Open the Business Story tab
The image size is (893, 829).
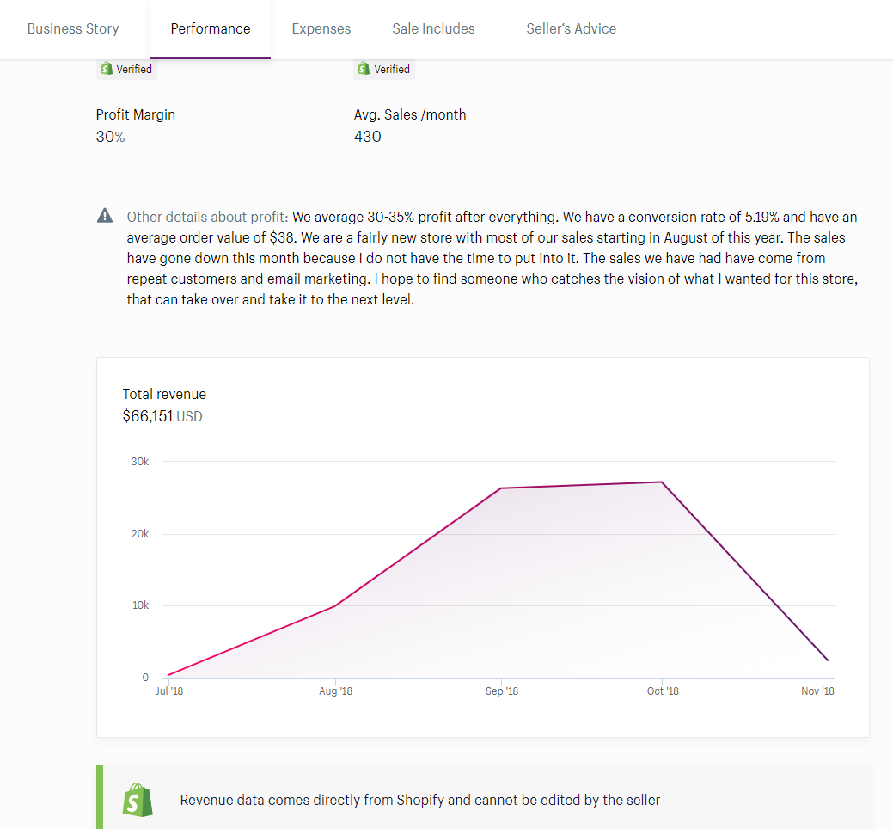point(73,28)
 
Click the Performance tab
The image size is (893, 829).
point(211,28)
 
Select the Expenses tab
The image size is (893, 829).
point(321,28)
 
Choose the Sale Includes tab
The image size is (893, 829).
point(433,28)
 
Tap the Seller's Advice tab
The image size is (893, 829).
point(571,28)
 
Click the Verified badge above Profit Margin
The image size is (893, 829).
point(126,69)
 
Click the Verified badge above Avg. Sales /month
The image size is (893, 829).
point(383,69)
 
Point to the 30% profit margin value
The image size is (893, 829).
point(110,137)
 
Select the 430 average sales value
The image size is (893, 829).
point(367,137)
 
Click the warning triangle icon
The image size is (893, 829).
point(105,216)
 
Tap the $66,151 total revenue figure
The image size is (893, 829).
point(148,416)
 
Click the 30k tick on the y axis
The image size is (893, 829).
point(140,462)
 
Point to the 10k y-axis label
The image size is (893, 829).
point(140,605)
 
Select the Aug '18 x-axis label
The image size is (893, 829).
point(335,691)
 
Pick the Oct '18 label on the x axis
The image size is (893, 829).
point(662,691)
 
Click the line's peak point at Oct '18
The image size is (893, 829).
point(661,482)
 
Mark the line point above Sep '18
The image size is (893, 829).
point(501,488)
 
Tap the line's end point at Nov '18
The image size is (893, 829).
point(828,660)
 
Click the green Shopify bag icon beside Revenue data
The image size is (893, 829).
point(138,800)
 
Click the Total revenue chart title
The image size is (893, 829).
point(164,394)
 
